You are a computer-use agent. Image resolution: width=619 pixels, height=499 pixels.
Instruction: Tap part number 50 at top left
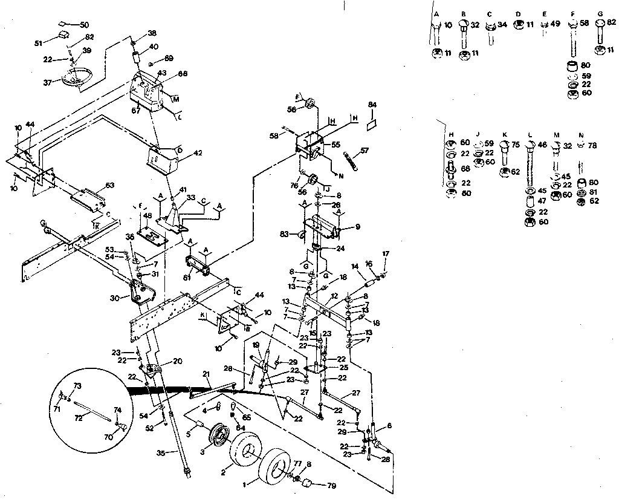point(84,25)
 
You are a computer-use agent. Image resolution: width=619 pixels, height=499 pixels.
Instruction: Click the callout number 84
point(372,105)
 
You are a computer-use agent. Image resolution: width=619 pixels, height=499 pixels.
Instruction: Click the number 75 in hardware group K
point(516,145)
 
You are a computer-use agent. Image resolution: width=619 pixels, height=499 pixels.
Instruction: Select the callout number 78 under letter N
point(593,145)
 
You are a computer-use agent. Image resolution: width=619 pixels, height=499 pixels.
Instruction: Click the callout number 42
point(182,153)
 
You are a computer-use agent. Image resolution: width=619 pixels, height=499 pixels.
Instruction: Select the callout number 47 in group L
point(543,202)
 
